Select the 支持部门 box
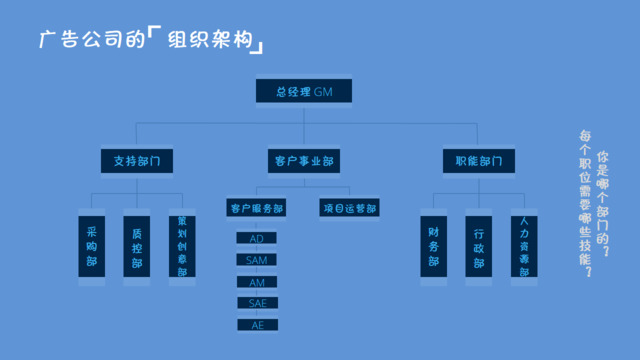(138, 159)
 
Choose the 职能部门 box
(479, 159)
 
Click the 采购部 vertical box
(92, 245)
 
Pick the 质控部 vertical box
(137, 245)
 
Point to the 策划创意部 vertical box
(182, 245)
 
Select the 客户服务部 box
(257, 209)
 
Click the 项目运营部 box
(349, 209)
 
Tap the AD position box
(257, 239)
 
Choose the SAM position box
(257, 260)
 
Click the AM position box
(257, 282)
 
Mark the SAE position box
(257, 303)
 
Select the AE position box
(257, 325)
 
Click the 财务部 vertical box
(434, 245)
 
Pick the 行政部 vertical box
(479, 245)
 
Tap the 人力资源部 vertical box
(524, 245)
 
